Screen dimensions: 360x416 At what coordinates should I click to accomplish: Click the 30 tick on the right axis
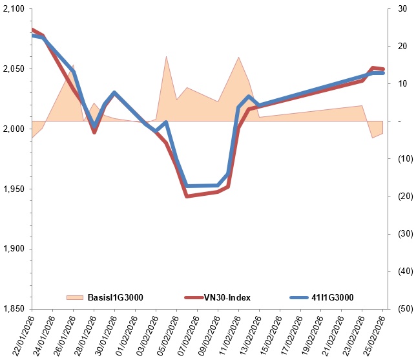point(401,9)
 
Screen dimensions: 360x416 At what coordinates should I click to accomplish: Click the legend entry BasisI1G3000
point(116,297)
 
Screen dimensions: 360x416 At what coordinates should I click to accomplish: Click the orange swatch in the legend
point(76,297)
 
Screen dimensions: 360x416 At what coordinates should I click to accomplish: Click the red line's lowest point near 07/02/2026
point(187,196)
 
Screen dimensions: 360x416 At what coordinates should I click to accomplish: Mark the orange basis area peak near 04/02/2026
point(167,56)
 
